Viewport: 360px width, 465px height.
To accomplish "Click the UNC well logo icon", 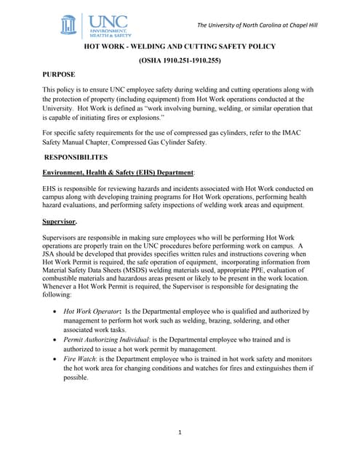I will click(x=68, y=25).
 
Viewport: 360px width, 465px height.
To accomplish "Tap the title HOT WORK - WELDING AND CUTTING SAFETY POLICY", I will click(x=180, y=46).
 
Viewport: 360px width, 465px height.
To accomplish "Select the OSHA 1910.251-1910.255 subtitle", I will click(x=180, y=60).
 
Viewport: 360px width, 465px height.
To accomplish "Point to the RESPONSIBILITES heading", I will click(x=76, y=157).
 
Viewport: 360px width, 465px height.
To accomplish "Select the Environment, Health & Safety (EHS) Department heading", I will click(x=118, y=171).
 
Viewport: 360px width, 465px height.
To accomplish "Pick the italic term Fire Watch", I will click(x=79, y=359).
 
